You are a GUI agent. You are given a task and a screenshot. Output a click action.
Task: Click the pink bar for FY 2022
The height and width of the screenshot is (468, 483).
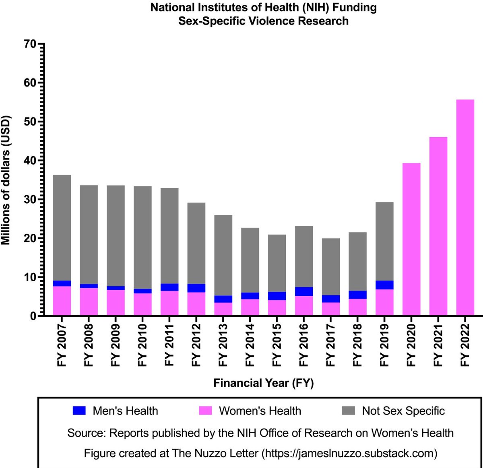pos(465,207)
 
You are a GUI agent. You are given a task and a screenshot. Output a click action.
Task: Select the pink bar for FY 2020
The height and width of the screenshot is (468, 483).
pos(411,239)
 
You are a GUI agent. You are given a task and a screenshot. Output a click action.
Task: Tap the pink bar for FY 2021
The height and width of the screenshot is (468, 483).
pos(438,226)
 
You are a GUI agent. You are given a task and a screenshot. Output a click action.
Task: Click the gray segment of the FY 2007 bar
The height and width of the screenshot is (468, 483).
pos(62,228)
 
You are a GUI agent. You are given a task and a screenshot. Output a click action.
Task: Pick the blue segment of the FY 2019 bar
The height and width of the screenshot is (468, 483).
pos(384,285)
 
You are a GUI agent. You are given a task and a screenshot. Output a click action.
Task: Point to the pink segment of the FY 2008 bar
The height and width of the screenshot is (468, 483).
pos(89,302)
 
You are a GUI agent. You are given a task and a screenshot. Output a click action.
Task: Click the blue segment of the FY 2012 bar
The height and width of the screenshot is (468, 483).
pos(196,288)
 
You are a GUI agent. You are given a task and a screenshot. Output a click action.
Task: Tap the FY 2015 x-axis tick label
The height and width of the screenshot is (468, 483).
pos(277,345)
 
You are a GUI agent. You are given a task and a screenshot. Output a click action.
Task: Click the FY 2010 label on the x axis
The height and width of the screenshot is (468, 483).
pos(142,345)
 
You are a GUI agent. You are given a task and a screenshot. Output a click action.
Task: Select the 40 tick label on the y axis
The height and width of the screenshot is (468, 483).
pos(31,161)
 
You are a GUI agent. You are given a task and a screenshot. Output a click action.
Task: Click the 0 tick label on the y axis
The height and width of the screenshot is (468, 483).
pos(33,316)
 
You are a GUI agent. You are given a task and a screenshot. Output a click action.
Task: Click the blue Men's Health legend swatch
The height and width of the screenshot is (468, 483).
pos(79,410)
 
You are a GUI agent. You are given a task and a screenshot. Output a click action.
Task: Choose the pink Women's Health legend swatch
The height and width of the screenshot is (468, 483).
pos(205,410)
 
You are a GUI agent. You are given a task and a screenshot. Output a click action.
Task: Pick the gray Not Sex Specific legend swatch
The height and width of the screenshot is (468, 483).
pos(349,410)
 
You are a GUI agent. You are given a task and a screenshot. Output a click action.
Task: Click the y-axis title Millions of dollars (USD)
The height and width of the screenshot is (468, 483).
pos(6,180)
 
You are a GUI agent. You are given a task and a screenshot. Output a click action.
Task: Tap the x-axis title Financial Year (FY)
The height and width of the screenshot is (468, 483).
pos(263,383)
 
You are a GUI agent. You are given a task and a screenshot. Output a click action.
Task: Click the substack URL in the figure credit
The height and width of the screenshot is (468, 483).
pos(349,453)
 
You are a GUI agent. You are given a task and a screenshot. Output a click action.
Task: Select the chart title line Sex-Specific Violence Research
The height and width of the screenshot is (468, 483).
pos(263,21)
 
